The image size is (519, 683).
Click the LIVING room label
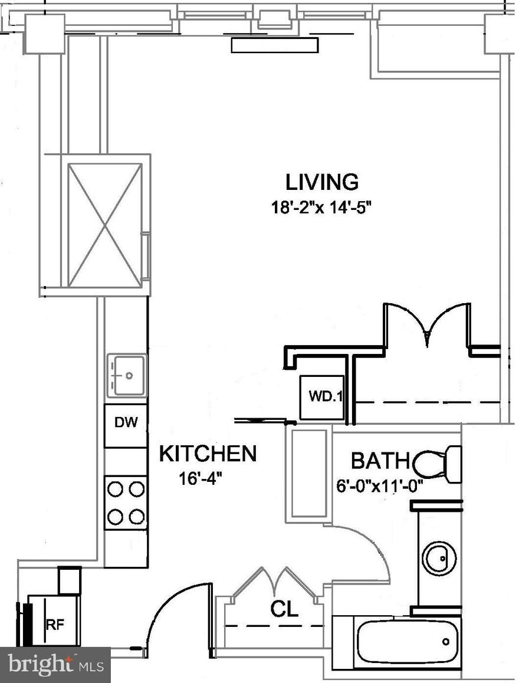coord(322,182)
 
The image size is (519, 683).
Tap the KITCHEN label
coord(208,454)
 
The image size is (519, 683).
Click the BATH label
coord(380,460)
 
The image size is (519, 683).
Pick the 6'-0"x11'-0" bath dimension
coord(380,487)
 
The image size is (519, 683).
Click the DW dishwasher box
coord(126,423)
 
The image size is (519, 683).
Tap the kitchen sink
coord(126,375)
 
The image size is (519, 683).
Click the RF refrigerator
coord(54,622)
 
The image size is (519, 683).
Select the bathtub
coord(408,641)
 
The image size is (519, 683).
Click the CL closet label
coord(285,609)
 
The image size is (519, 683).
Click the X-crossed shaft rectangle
coord(104,225)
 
